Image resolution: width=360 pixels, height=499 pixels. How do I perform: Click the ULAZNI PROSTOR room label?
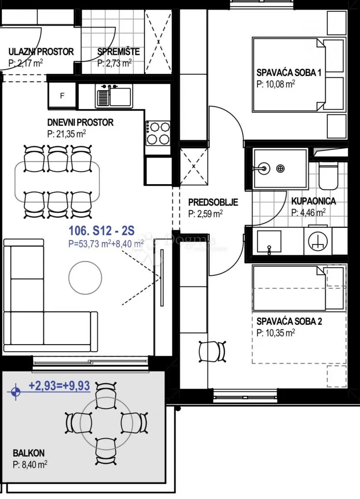coord(41,52)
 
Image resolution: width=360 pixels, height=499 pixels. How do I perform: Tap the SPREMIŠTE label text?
coord(118,52)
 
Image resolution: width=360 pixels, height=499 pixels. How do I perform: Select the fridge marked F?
coord(62,96)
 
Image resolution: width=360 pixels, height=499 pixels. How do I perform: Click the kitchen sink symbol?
coord(114,96)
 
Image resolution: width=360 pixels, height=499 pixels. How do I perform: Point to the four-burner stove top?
coord(158,133)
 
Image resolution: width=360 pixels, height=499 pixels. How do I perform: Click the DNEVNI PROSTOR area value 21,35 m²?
coord(67,134)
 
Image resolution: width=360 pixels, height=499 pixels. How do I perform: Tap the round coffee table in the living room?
coord(85,278)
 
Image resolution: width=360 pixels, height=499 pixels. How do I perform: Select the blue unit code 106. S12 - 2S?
coord(101,230)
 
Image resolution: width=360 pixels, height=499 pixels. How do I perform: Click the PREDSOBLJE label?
coord(213,202)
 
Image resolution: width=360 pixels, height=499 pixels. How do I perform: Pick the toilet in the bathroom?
coord(328,175)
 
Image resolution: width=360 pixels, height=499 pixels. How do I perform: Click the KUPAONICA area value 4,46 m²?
coord(308,213)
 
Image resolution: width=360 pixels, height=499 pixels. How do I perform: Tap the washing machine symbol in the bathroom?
coord(318,241)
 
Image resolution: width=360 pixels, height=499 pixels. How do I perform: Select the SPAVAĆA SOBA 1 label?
coord(289,73)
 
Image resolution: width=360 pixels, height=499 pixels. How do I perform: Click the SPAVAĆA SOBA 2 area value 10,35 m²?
coord(276,333)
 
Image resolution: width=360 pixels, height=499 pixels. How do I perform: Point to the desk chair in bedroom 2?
coord(212,351)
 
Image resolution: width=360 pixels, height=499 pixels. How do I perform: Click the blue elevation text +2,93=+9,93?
coord(59,385)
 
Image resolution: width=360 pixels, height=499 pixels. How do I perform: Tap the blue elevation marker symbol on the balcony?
coord(15,391)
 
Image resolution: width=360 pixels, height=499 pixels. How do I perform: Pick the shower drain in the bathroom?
coord(280,169)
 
